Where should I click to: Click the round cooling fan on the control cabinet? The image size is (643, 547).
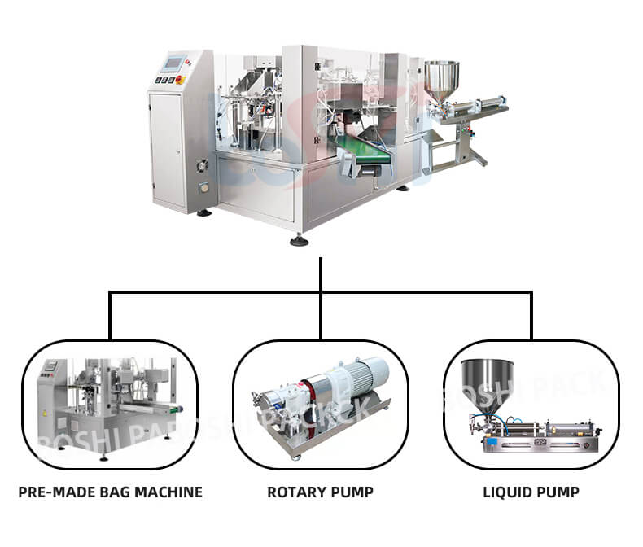pos(203,165)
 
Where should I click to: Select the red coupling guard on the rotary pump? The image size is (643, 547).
pos(313,390)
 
